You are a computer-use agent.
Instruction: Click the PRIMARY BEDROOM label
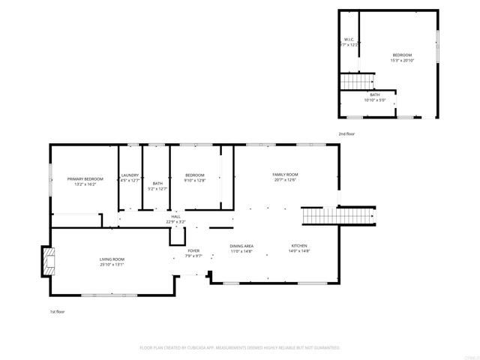pyautogui.click(x=85, y=178)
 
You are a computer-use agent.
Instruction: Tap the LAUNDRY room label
pyautogui.click(x=130, y=175)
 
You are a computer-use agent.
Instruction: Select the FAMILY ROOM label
pyautogui.click(x=285, y=175)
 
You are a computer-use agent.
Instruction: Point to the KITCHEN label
pyautogui.click(x=299, y=246)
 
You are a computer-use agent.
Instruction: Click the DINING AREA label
pyautogui.click(x=241, y=246)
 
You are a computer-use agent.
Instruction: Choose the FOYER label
pyautogui.click(x=193, y=250)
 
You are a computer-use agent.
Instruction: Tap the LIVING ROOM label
pyautogui.click(x=112, y=259)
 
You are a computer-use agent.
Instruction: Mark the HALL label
pyautogui.click(x=175, y=217)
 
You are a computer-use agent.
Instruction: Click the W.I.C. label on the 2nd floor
pyautogui.click(x=349, y=40)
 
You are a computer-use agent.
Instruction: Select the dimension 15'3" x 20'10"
pyautogui.click(x=402, y=60)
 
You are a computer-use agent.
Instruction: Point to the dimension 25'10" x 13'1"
pyautogui.click(x=112, y=264)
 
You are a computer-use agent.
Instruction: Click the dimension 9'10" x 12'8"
pyautogui.click(x=195, y=180)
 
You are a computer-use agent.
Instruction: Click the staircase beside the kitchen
pyautogui.click(x=337, y=216)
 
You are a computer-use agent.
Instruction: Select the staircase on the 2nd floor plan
pyautogui.click(x=357, y=81)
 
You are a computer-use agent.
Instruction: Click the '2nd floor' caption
pyautogui.click(x=346, y=133)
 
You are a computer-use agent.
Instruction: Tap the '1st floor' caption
pyautogui.click(x=58, y=310)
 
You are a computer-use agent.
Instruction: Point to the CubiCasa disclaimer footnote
pyautogui.click(x=240, y=347)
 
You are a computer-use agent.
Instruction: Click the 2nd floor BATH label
pyautogui.click(x=375, y=94)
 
